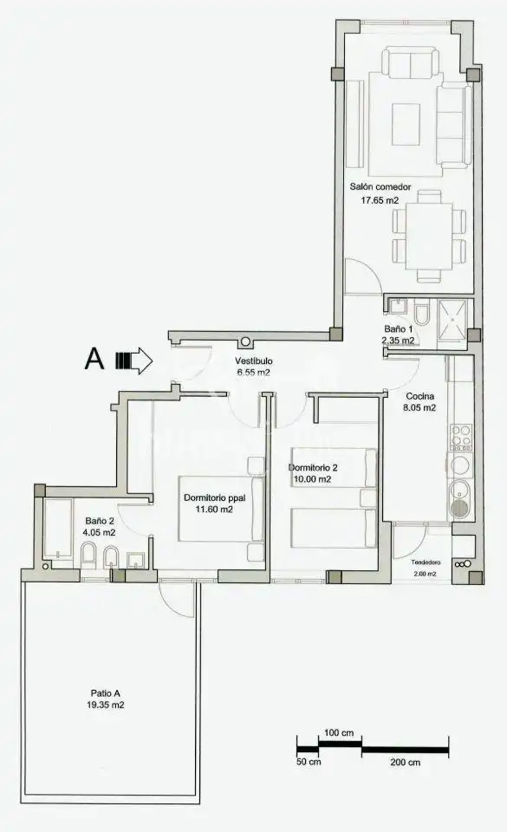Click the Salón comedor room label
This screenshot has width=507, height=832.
tap(380, 187)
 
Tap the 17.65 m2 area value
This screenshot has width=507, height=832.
tap(380, 200)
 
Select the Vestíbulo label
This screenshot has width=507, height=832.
tap(253, 361)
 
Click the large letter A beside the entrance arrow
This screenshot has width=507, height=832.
tap(94, 360)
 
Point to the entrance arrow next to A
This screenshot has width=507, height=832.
tap(134, 361)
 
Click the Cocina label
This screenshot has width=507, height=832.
tap(420, 396)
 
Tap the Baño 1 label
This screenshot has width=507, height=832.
tap(399, 329)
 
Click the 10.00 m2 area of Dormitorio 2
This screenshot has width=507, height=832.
tap(312, 479)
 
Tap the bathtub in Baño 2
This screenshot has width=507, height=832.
tap(57, 528)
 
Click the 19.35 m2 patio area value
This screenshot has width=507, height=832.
tap(106, 705)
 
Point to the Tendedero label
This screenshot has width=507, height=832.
tap(425, 563)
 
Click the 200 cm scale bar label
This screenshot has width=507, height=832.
tap(406, 763)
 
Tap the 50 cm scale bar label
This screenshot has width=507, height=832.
tap(309, 763)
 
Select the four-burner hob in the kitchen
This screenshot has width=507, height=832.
tap(460, 437)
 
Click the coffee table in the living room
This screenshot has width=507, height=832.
tap(406, 124)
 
